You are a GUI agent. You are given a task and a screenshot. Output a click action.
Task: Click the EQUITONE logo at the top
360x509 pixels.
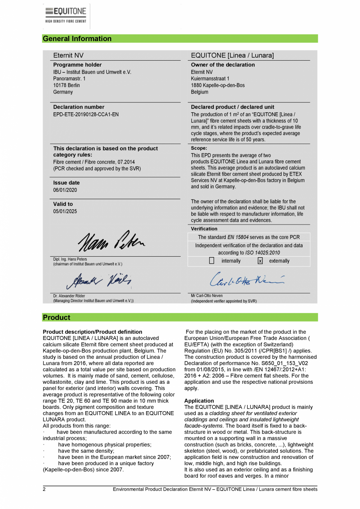66,16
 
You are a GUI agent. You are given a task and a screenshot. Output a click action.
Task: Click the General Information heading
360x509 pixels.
77,39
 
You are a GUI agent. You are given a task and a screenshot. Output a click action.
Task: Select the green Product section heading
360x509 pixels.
57,317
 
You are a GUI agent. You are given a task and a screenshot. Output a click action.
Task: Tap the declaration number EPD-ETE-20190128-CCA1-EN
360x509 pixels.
86,114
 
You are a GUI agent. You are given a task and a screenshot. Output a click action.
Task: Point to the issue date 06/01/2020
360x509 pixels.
65,190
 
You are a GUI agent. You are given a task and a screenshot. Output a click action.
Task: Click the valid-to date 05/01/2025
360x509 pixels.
65,212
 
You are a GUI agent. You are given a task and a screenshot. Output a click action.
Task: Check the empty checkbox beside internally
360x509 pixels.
212,261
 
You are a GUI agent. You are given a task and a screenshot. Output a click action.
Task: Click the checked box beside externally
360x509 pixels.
260,261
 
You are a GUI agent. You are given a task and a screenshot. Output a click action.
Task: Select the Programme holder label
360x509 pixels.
77,65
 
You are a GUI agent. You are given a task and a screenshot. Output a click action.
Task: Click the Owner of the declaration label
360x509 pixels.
223,65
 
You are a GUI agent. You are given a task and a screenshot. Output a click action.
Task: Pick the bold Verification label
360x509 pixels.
204,229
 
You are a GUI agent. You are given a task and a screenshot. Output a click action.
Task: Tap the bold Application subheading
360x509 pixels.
199,401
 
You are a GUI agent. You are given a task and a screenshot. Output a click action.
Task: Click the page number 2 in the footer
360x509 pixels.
44,489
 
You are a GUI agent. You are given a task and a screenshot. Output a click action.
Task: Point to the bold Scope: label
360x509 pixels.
199,148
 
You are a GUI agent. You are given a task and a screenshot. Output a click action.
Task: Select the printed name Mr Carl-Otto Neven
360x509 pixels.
207,296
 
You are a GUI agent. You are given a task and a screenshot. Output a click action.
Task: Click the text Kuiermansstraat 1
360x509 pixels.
210,79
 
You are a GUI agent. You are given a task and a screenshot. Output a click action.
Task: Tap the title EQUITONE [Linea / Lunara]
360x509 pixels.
232,56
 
